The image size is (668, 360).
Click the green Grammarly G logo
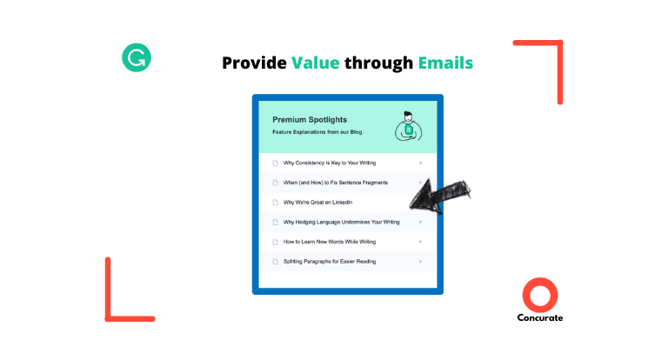[x=137, y=57]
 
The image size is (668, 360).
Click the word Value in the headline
[x=315, y=63]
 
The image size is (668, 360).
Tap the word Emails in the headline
[x=445, y=63]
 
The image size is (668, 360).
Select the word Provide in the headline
[x=254, y=63]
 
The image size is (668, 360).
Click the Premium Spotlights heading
[x=310, y=120]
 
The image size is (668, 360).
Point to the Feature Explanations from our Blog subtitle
[x=317, y=132]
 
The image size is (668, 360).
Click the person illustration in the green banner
[x=408, y=126]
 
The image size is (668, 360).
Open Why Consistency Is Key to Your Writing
[x=330, y=163]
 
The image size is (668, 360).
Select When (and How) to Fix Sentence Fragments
[x=335, y=183]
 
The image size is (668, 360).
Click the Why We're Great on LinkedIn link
[x=317, y=203]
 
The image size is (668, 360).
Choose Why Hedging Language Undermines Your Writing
[x=341, y=222]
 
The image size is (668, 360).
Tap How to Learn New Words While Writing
[x=330, y=242]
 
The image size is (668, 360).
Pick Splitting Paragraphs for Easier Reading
[x=330, y=262]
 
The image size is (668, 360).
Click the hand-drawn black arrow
[x=438, y=197]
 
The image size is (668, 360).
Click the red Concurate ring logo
[x=540, y=295]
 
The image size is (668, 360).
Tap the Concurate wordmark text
[x=540, y=317]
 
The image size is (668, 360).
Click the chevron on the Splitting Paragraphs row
[x=420, y=262]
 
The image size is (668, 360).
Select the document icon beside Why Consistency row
[x=275, y=163]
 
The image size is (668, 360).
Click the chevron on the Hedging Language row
[x=420, y=222]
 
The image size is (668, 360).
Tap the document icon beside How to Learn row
[x=275, y=242]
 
